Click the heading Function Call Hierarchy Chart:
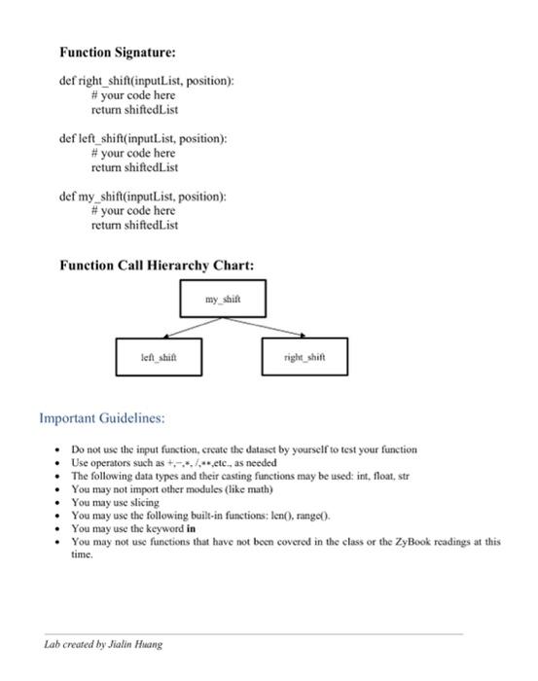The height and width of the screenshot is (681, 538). coord(157,265)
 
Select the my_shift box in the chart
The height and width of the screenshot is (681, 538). coord(221,298)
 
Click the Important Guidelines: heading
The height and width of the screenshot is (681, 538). coord(102,417)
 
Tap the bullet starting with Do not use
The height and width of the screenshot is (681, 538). coord(243,449)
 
